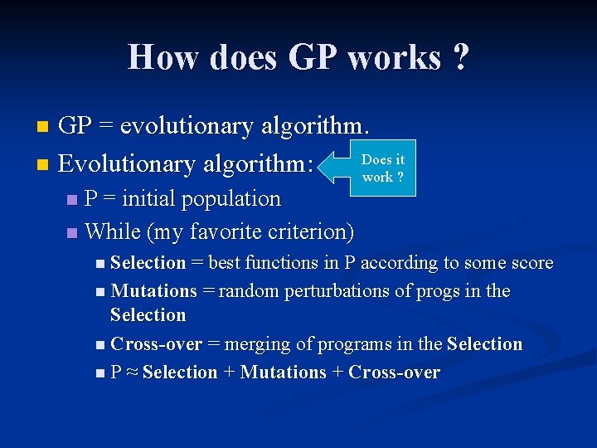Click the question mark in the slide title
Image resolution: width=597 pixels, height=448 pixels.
point(460,58)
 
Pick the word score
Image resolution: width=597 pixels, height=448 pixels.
point(532,263)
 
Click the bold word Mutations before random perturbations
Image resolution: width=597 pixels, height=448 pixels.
point(153,291)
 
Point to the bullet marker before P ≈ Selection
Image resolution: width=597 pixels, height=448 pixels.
point(100,373)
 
